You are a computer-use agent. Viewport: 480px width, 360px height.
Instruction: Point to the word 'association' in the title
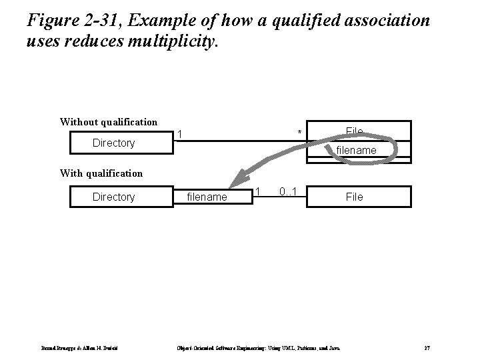[x=385, y=21]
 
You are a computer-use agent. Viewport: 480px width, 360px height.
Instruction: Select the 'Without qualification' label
[x=109, y=122]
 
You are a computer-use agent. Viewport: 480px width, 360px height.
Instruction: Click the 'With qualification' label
[x=101, y=173]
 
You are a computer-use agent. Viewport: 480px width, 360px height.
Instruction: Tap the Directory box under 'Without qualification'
[x=113, y=143]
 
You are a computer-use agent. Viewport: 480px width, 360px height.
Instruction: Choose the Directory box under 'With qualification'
[x=113, y=197]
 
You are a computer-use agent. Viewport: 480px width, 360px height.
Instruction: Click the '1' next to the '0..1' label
[x=257, y=192]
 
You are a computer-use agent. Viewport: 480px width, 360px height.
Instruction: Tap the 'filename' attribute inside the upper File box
[x=356, y=151]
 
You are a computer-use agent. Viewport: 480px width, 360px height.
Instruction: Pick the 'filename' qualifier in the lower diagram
[x=207, y=197]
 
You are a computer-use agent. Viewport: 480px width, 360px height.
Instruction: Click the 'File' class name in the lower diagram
[x=354, y=197]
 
